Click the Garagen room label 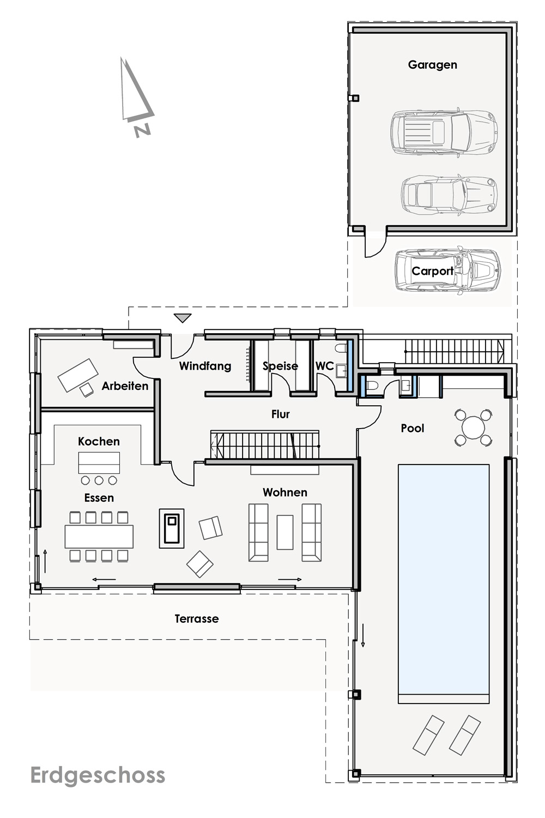point(432,65)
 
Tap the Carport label point(432,271)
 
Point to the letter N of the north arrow point(142,131)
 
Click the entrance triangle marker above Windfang point(183,318)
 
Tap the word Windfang point(205,366)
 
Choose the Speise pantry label point(280,366)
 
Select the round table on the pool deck point(473,427)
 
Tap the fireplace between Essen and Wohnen point(172,528)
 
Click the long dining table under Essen point(99,537)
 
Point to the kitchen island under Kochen point(99,462)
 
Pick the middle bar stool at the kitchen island point(99,480)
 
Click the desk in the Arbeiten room point(78,375)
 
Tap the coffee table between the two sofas point(284,532)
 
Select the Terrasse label point(197,618)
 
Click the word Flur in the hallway point(280,414)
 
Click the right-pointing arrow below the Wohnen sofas point(290,579)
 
